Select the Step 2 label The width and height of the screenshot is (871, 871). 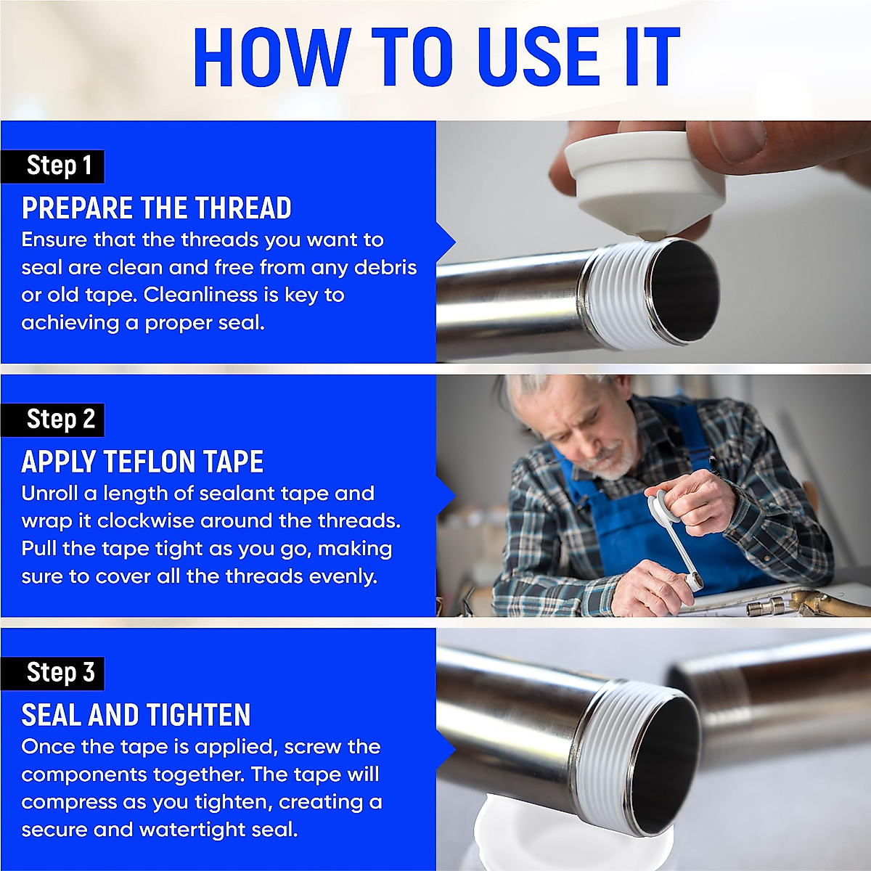[60, 420]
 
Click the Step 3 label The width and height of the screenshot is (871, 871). [60, 673]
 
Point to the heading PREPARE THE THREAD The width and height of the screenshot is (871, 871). [156, 208]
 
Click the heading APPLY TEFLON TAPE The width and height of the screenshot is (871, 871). [142, 462]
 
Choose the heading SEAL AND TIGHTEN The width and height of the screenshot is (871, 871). [136, 715]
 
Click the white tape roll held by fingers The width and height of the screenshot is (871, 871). [645, 181]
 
